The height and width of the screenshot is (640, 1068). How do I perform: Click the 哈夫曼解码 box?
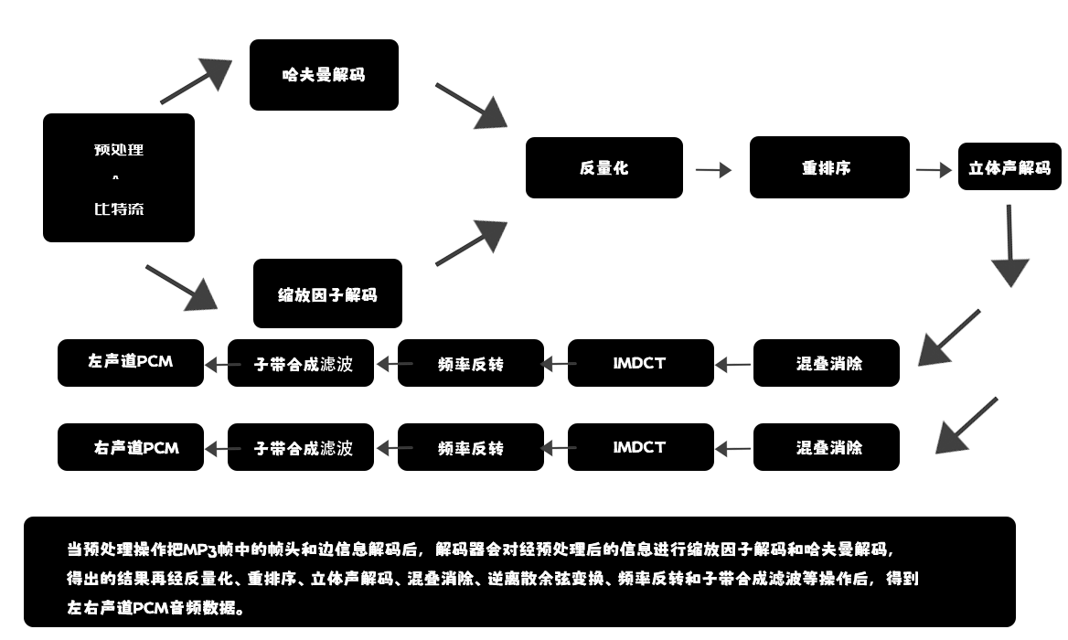pyautogui.click(x=324, y=75)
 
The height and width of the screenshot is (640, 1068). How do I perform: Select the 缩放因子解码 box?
pyautogui.click(x=327, y=294)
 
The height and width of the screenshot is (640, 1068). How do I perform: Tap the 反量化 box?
pyautogui.click(x=603, y=168)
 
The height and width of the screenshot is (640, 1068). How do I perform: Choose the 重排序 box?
pyautogui.click(x=829, y=168)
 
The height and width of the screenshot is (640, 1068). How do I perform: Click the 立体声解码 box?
pyautogui.click(x=1009, y=168)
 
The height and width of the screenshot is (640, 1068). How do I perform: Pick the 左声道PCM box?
pyautogui.click(x=131, y=363)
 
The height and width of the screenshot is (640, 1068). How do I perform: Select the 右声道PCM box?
pyautogui.click(x=131, y=448)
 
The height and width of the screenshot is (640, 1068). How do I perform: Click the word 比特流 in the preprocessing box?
pyautogui.click(x=119, y=209)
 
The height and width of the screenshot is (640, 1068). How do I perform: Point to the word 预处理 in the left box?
pyautogui.click(x=119, y=150)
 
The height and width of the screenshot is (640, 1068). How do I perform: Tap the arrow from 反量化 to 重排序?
pyautogui.click(x=713, y=169)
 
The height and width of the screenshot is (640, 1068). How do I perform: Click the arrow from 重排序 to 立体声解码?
pyautogui.click(x=934, y=170)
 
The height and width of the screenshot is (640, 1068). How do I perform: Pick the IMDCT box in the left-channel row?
pyautogui.click(x=640, y=363)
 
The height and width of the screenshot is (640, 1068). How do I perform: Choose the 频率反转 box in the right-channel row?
pyautogui.click(x=470, y=448)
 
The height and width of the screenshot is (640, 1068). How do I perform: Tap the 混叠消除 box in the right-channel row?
pyautogui.click(x=827, y=448)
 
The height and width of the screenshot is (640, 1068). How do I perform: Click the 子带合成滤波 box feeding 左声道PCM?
pyautogui.click(x=301, y=363)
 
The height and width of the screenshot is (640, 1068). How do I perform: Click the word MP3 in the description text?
pyautogui.click(x=198, y=549)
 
